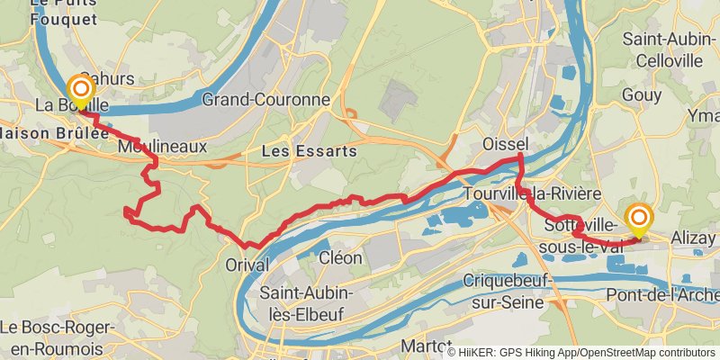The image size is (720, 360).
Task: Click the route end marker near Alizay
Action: [639, 220]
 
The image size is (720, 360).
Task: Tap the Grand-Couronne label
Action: [265, 99]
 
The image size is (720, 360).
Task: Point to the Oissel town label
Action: [505, 145]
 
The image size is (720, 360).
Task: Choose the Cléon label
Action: [341, 258]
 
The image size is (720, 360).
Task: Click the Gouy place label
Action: [641, 95]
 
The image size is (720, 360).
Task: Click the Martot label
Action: [426, 346]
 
